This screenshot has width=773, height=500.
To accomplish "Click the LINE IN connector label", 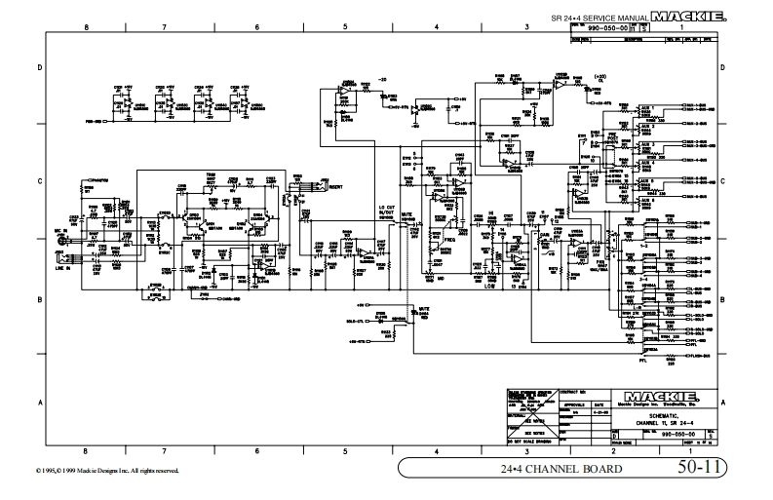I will click(60, 269).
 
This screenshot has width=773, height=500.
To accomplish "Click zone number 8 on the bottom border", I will click(87, 450).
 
